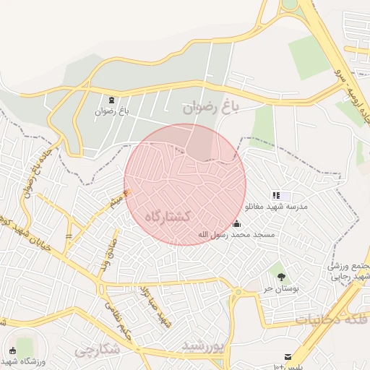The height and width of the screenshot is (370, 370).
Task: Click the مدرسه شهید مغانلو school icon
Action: pyautogui.click(x=275, y=195)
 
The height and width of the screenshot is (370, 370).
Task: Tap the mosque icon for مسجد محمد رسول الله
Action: pyautogui.click(x=237, y=223)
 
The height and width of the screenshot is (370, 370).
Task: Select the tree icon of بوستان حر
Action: pyautogui.click(x=281, y=276)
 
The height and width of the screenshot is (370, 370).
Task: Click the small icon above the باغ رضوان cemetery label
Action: pyautogui.click(x=112, y=100)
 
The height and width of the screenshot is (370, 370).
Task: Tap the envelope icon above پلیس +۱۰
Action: pyautogui.click(x=288, y=357)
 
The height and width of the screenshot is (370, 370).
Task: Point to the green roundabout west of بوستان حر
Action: pyautogui.click(x=237, y=292)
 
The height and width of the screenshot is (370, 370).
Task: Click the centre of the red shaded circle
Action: pyautogui.click(x=185, y=184)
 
